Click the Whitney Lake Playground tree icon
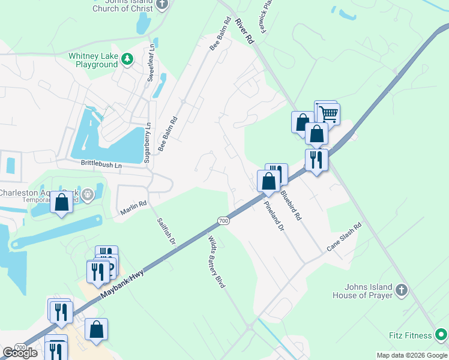click(x=127, y=59)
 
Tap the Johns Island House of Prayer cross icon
click(x=402, y=291)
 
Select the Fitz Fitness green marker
click(x=441, y=335)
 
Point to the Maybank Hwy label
click(x=124, y=280)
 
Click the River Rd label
click(x=245, y=30)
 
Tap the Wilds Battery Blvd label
click(x=216, y=262)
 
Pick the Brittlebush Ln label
click(x=101, y=163)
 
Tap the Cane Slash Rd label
click(x=345, y=237)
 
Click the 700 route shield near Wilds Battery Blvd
click(x=223, y=221)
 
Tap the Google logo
click(x=20, y=352)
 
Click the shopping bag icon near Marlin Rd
click(x=61, y=202)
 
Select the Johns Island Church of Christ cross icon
click(x=161, y=4)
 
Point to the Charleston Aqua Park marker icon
click(x=88, y=194)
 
